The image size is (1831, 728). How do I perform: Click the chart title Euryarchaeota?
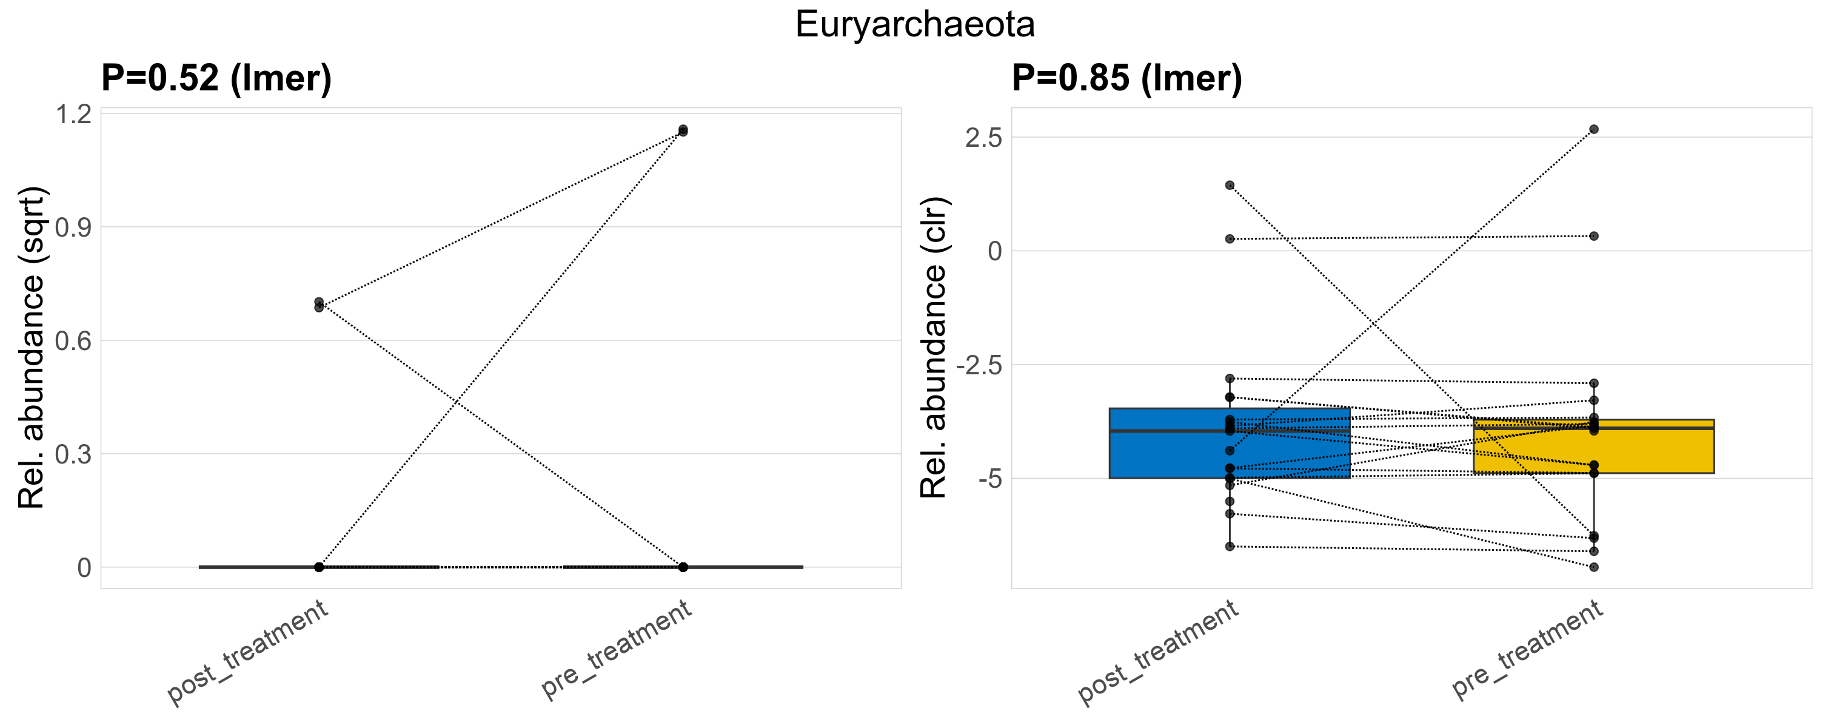915,25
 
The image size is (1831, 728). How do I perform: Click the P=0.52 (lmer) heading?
216,78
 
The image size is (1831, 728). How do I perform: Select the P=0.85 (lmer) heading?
1126,78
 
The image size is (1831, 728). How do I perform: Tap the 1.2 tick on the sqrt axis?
74,115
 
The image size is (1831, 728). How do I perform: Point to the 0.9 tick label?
74,227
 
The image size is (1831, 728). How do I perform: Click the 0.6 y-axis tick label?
74,341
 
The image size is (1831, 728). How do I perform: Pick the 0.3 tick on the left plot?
74,454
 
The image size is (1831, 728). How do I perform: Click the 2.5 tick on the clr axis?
983,138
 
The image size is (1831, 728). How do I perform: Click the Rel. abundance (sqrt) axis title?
32,348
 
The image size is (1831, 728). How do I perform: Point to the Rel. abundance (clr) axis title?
934,348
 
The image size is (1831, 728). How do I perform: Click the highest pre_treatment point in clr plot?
1593,129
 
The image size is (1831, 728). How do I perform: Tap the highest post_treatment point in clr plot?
1230,186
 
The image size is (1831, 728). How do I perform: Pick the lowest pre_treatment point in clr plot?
1593,567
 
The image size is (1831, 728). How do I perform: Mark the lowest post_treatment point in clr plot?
1230,547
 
